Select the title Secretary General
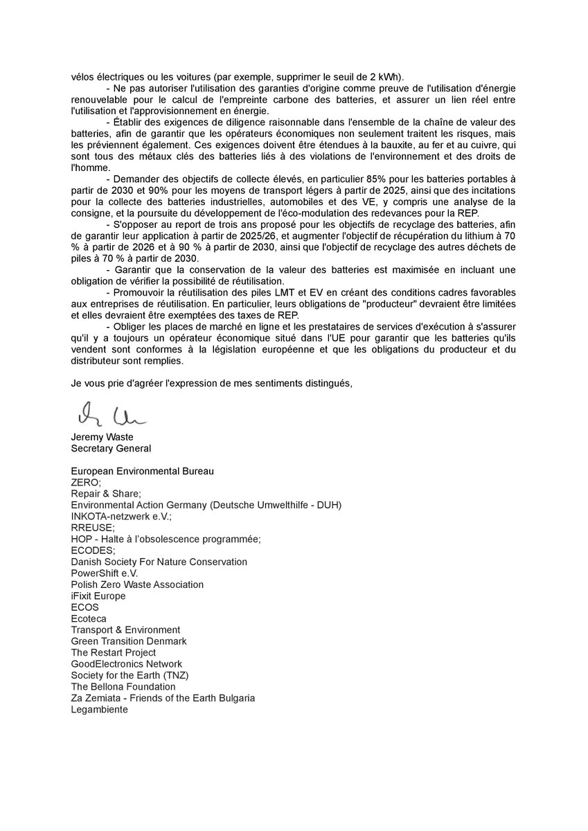point(111,448)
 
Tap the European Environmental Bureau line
point(142,471)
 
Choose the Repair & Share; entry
point(106,494)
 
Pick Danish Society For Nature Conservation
point(159,562)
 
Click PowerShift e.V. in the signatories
point(105,573)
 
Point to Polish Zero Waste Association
point(137,584)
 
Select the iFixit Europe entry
point(98,596)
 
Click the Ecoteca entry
point(89,618)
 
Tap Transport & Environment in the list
point(125,629)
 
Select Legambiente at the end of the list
point(99,709)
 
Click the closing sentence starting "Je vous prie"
point(212,383)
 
